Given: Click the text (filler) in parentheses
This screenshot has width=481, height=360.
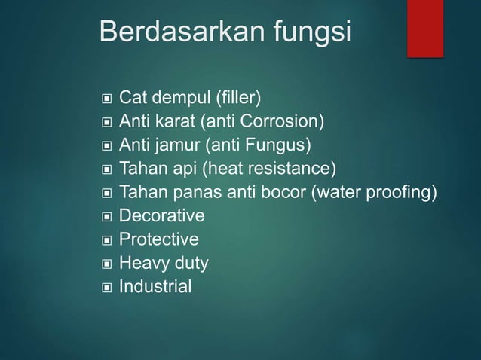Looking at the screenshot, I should pyautogui.click(x=238, y=98).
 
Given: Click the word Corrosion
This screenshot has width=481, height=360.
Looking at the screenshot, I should pyautogui.click(x=286, y=122).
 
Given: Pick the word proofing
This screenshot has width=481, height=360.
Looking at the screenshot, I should pyautogui.click(x=403, y=193).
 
